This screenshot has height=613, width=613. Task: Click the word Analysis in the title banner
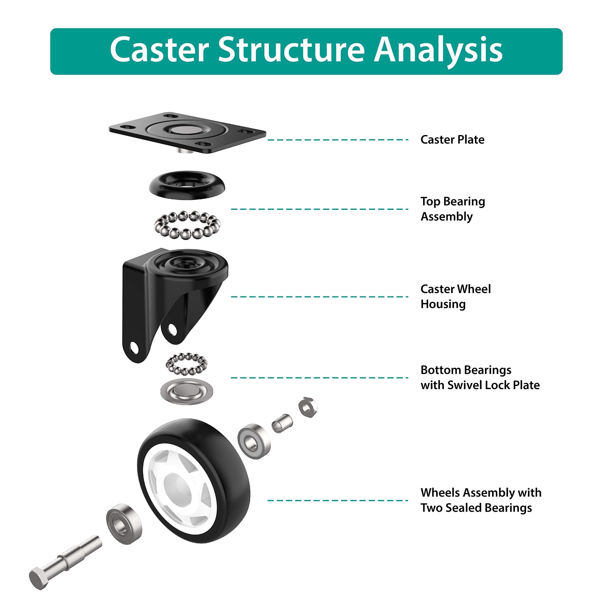coord(438,50)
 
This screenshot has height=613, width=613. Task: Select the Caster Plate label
coord(452,140)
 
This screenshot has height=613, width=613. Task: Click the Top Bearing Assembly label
coord(453,209)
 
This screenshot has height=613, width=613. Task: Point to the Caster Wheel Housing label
coord(455,297)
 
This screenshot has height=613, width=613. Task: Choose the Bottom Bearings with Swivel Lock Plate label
coord(480,378)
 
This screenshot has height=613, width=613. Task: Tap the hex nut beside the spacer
coord(307,407)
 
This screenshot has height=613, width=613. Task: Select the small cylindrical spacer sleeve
coord(282,424)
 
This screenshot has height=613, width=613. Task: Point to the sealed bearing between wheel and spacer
coord(254,441)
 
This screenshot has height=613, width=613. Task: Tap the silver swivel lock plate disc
coord(187,391)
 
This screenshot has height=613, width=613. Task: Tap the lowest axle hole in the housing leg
coord(135,348)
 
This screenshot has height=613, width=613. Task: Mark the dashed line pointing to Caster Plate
coord(338,140)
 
